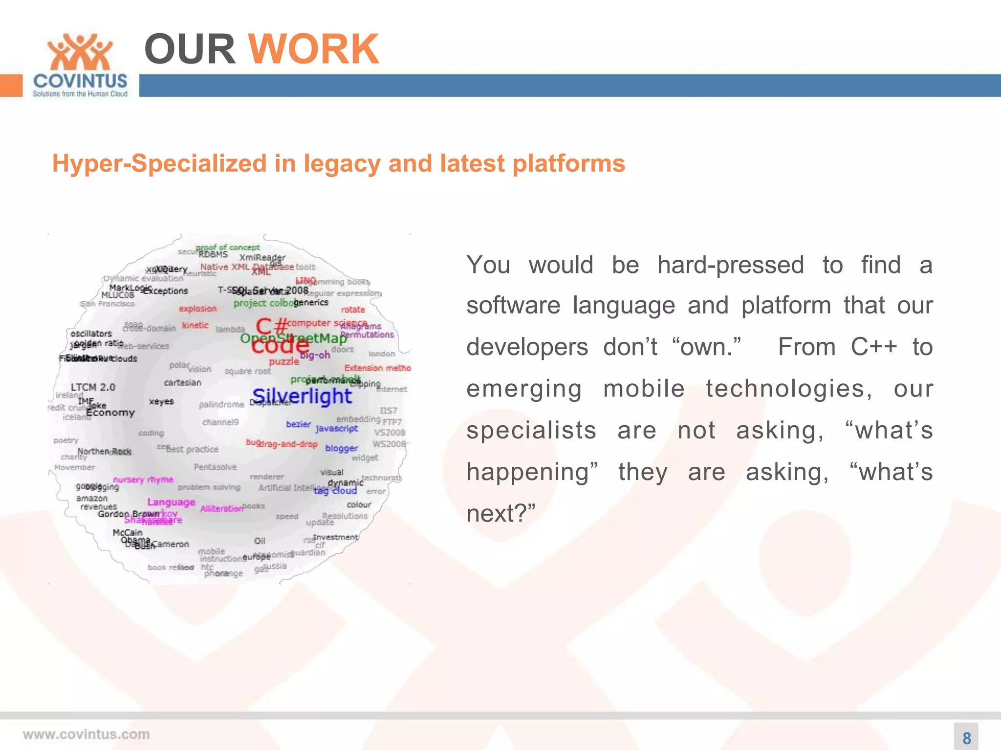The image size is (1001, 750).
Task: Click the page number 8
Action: click(x=966, y=738)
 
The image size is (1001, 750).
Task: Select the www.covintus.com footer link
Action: click(x=86, y=734)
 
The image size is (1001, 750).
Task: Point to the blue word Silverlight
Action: click(x=302, y=396)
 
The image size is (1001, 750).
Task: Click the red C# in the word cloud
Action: click(x=272, y=326)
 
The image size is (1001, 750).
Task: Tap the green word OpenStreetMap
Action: click(x=293, y=338)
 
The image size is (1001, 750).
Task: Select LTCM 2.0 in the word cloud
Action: click(x=93, y=387)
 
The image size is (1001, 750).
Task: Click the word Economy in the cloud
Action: click(x=110, y=413)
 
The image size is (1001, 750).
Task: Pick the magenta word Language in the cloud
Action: click(x=171, y=502)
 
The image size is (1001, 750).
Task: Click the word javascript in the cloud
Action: click(x=337, y=428)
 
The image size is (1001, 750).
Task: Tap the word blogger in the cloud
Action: click(x=341, y=448)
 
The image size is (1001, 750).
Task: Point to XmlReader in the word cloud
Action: click(x=262, y=257)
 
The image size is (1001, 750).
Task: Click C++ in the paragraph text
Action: click(x=873, y=347)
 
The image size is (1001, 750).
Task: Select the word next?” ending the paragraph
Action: click(x=500, y=514)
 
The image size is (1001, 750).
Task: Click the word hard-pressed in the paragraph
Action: click(x=730, y=265)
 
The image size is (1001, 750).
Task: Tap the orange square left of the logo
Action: click(x=11, y=85)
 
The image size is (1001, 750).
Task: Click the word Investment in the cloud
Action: click(x=335, y=537)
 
